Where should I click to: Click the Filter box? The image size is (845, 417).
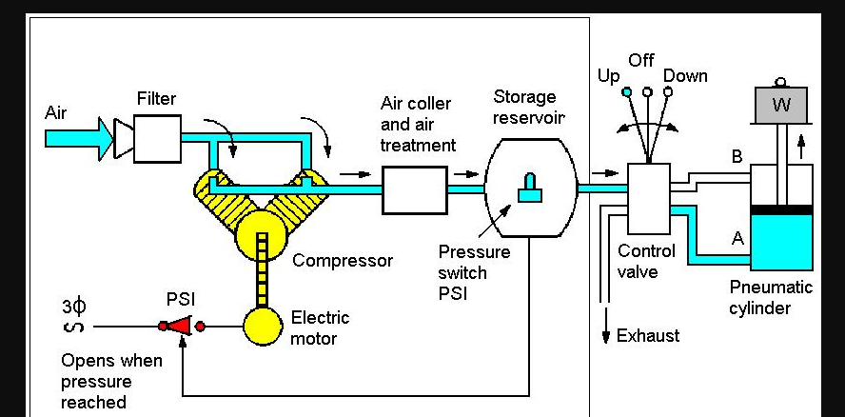157,137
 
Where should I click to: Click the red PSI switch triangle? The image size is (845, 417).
181,327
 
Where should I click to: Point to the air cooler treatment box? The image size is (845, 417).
414,189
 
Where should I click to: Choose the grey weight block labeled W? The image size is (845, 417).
781,105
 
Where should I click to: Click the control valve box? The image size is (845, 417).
649,198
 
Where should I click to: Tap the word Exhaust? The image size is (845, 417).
648,336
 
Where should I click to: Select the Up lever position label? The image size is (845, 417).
608,76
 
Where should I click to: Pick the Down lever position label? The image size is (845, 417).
685,76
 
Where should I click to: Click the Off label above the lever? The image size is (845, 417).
641,60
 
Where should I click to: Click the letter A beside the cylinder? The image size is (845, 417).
737,239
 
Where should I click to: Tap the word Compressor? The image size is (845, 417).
343,261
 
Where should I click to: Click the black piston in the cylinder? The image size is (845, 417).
781,208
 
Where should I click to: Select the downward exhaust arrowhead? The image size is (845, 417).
605,337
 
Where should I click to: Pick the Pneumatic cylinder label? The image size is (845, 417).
771,297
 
